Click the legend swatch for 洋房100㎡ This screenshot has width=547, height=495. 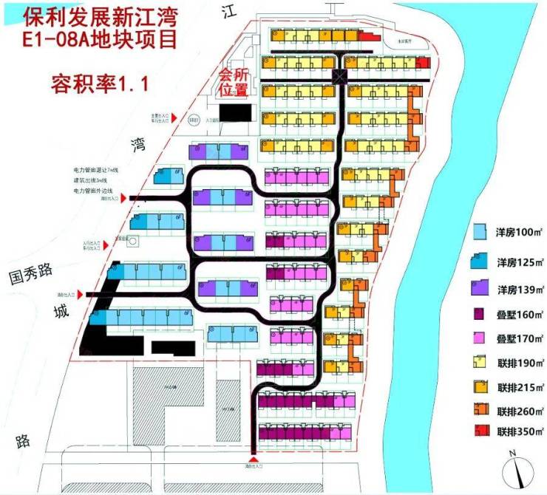pos(479,231)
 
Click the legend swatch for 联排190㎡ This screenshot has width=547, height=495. pos(479,363)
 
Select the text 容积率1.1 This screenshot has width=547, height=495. pos(100,82)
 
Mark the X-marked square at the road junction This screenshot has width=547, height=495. pos(339,75)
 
